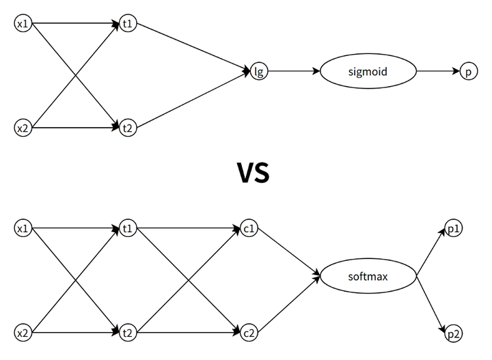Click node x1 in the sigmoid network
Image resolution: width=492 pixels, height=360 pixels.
23,25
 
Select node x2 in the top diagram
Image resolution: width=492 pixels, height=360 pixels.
23,127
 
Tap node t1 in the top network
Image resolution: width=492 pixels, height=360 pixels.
127,25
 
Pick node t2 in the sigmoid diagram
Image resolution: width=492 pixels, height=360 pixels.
127,127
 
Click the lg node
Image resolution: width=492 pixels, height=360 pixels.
258,71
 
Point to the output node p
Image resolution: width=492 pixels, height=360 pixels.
467,71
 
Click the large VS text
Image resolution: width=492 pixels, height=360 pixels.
253,174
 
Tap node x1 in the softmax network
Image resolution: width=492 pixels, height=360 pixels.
23,228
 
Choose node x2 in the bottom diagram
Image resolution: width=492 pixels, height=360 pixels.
23,333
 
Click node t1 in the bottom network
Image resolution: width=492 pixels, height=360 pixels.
127,228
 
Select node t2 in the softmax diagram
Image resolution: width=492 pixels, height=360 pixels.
127,333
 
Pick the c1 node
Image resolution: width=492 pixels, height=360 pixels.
249,228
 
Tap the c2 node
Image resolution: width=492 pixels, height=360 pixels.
249,333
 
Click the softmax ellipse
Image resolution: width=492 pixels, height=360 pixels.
368,277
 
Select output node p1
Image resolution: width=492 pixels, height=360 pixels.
453,228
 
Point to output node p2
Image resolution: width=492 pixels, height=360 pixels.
453,333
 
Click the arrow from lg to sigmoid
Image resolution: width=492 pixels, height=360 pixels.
294,71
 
